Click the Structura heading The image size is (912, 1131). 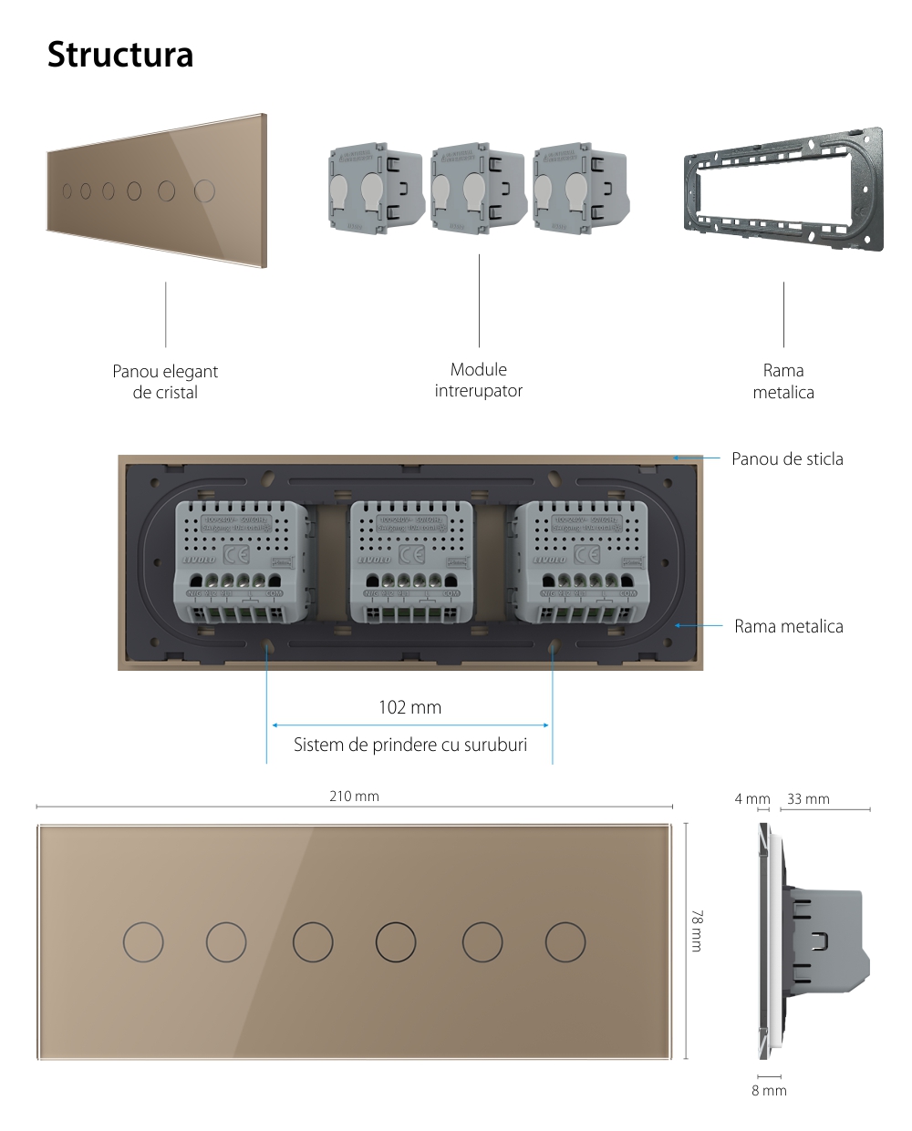pyautogui.click(x=120, y=55)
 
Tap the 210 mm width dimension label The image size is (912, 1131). pyautogui.click(x=354, y=797)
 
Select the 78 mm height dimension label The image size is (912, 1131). pyautogui.click(x=698, y=931)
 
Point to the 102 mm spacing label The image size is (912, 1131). pyautogui.click(x=409, y=707)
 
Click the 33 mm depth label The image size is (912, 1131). pyautogui.click(x=808, y=799)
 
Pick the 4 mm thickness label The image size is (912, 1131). pyautogui.click(x=752, y=799)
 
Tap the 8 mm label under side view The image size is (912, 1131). pyautogui.click(x=769, y=1090)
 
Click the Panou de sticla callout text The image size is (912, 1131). pyautogui.click(x=787, y=458)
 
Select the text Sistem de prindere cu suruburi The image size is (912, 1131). pyautogui.click(x=410, y=745)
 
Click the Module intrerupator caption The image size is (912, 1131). pyautogui.click(x=479, y=380)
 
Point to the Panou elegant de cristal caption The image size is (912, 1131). pyautogui.click(x=165, y=382)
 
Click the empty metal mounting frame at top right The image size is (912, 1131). pyautogui.click(x=783, y=191)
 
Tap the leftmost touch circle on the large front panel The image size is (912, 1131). pyautogui.click(x=143, y=941)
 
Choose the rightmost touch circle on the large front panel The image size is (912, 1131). pyautogui.click(x=566, y=941)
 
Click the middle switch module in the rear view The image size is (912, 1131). pyautogui.click(x=410, y=562)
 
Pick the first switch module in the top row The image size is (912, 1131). pyautogui.click(x=376, y=188)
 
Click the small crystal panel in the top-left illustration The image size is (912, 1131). pyautogui.click(x=155, y=191)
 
